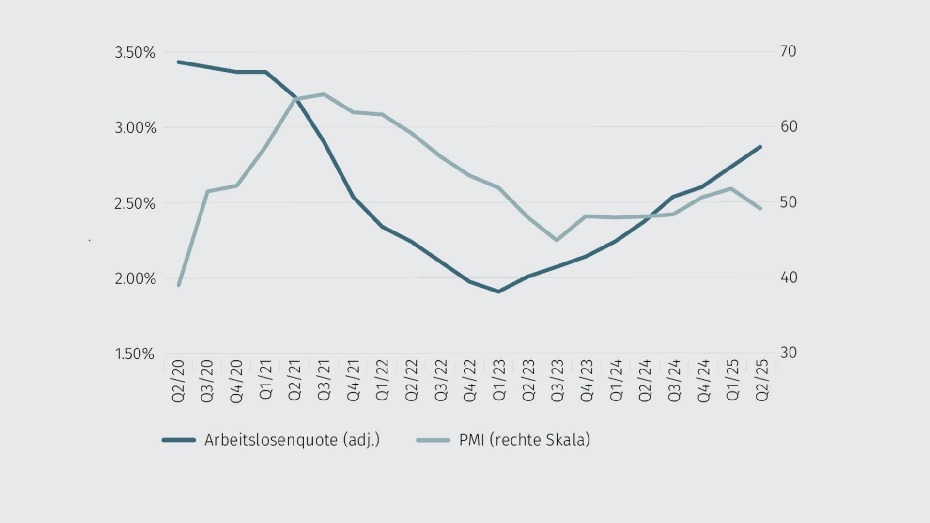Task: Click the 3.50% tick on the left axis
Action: point(135,52)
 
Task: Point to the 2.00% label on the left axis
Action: point(135,279)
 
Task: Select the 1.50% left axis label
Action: point(134,354)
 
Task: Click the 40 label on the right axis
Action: point(789,277)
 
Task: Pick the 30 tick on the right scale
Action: point(789,353)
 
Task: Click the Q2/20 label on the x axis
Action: point(178,381)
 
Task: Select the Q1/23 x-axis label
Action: point(499,381)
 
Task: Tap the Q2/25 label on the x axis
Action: point(762,381)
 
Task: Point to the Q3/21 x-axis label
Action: point(324,381)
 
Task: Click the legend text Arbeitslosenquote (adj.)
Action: point(292,440)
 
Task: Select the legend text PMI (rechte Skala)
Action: point(525,440)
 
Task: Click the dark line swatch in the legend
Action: point(179,440)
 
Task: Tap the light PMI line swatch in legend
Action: point(433,440)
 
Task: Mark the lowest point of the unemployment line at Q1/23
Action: point(498,292)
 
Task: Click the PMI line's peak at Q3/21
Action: point(324,94)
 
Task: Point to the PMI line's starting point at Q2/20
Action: point(179,285)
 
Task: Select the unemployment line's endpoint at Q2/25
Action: point(760,147)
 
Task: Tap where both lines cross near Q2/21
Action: point(294,99)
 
